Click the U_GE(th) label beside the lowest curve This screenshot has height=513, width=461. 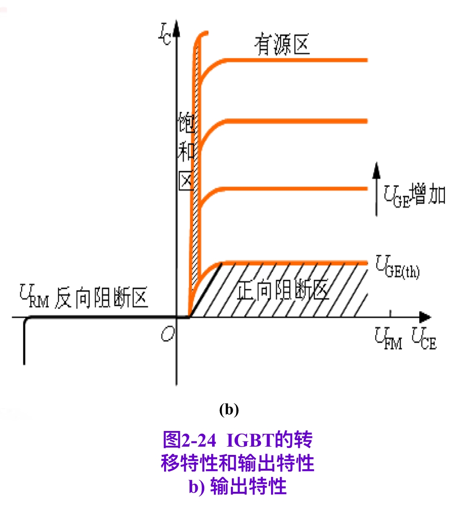(397, 266)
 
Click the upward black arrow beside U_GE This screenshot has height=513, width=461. (377, 189)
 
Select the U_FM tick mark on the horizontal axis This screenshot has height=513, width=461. (390, 314)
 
